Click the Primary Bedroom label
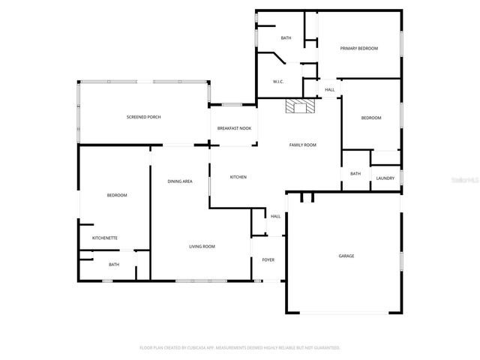[358, 49]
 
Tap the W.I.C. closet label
[277, 82]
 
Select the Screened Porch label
[143, 117]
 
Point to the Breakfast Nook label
[234, 129]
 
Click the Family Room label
[303, 144]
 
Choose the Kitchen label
[238, 177]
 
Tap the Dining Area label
[180, 181]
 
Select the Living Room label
[202, 247]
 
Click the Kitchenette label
[105, 238]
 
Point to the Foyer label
[268, 260]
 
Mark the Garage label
[346, 256]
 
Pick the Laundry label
[385, 178]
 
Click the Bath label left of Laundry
[355, 174]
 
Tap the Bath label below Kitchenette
[114, 264]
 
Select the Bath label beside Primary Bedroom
[286, 37]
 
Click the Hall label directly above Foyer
[275, 217]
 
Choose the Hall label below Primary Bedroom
[329, 90]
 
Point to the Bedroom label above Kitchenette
[116, 195]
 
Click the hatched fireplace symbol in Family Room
[301, 106]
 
